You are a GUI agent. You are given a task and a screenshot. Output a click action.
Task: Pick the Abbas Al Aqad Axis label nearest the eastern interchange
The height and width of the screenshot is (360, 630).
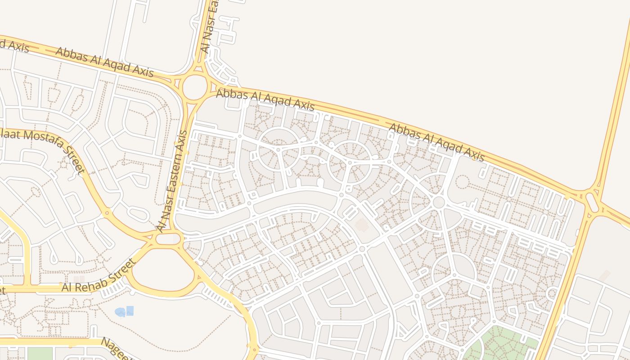[436, 141]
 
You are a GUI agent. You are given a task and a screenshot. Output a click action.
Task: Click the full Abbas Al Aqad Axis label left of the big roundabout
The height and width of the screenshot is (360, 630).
[104, 62]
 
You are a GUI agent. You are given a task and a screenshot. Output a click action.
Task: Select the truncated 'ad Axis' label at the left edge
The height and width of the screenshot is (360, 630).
[13, 45]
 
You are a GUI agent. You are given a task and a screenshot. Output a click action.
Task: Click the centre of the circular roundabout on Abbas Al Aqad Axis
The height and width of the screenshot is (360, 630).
[194, 87]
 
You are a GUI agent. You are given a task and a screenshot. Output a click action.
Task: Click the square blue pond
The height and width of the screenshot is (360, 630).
[130, 310]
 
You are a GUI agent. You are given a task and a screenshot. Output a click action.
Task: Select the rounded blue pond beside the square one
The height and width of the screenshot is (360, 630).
[120, 312]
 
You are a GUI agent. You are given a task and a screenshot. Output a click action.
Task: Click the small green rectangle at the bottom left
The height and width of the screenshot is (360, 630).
[40, 354]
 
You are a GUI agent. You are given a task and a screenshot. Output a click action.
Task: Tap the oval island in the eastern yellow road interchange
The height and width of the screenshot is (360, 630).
[593, 202]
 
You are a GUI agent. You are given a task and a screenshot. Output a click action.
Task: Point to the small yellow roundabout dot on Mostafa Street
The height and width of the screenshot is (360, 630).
[107, 213]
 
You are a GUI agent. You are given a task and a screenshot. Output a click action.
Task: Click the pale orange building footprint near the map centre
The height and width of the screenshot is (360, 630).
[362, 225]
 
